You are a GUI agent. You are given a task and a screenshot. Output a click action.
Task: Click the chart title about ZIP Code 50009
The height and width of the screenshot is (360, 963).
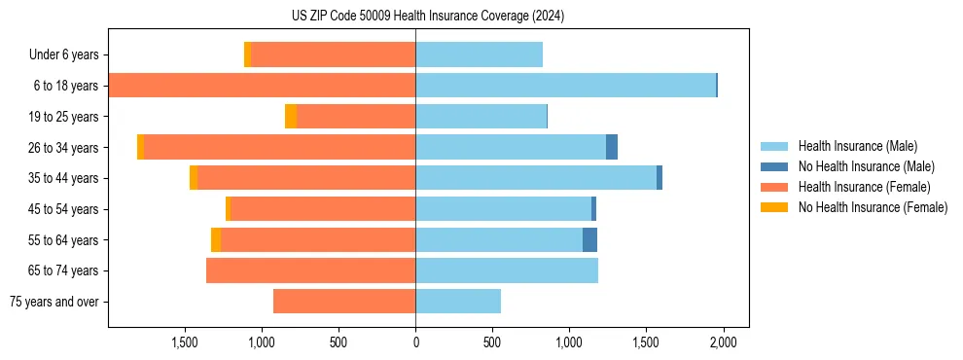427,17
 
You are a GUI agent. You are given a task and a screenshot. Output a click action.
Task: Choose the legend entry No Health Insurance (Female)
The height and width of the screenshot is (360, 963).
873,207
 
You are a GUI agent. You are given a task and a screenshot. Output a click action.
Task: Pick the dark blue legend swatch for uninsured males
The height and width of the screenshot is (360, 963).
779,166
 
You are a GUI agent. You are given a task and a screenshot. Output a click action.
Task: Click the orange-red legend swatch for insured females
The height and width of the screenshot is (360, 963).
779,187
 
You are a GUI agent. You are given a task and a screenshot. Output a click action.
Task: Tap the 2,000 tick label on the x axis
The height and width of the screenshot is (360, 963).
723,342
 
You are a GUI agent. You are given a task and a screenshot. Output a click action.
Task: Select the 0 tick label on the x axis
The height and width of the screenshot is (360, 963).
415,342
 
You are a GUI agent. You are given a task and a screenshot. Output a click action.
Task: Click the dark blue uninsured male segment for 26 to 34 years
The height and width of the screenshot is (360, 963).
612,147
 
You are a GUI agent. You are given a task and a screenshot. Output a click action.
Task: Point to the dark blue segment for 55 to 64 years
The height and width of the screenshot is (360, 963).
589,239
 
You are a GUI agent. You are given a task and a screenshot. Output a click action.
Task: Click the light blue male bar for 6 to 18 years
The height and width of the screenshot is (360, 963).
565,86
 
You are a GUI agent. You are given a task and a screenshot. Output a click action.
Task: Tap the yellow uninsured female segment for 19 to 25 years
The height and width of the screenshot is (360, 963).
291,116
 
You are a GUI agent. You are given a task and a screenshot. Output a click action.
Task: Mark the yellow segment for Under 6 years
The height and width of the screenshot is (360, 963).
247,54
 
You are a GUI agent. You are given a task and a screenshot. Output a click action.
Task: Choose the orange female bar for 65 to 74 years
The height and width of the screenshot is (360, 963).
310,270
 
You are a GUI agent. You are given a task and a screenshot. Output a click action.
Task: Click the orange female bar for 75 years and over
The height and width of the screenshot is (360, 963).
344,302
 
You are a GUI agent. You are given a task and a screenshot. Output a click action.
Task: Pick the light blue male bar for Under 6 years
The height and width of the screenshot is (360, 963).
479,54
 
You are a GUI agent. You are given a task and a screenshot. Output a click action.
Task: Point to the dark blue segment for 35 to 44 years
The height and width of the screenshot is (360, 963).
660,178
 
